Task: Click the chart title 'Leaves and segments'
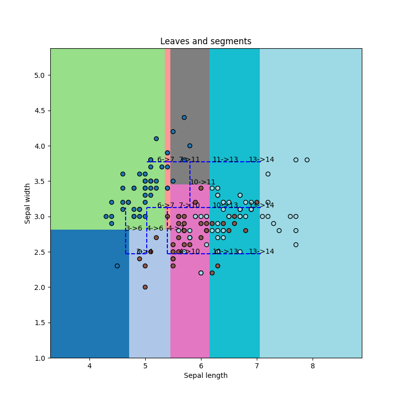click(206, 41)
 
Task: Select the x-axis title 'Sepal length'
click(206, 375)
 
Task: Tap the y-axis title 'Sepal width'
click(28, 203)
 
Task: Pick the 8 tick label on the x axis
click(313, 365)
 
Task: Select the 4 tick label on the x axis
click(89, 365)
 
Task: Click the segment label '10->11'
click(203, 182)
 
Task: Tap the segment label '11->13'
click(225, 160)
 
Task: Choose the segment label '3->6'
click(134, 228)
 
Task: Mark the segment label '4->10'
click(189, 252)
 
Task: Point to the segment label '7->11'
click(189, 160)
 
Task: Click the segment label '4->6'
click(155, 228)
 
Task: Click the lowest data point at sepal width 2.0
click(145, 287)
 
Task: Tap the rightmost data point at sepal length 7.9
click(307, 160)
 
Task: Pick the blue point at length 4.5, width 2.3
click(117, 266)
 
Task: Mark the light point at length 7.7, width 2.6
click(296, 245)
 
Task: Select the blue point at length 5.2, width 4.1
click(156, 139)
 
